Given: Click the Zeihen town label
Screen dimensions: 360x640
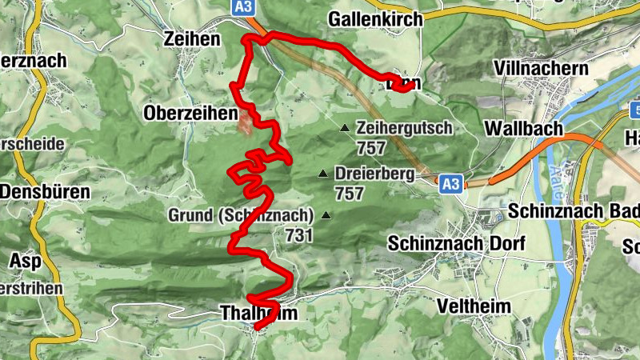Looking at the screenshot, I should click(x=190, y=38).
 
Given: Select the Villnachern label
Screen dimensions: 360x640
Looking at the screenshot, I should click(x=542, y=68).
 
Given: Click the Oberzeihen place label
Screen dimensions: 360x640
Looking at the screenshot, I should click(x=190, y=114).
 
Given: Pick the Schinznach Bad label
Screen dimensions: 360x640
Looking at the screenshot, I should click(x=573, y=211).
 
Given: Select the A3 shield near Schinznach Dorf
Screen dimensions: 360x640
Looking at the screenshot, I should click(x=450, y=184).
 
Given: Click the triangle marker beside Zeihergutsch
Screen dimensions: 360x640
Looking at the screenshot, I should click(x=345, y=128).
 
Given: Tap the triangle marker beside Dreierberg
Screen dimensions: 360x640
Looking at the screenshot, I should click(x=323, y=174).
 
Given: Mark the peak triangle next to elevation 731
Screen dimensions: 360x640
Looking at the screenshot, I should click(x=326, y=214).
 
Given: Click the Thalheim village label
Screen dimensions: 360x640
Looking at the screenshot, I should click(x=257, y=314).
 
